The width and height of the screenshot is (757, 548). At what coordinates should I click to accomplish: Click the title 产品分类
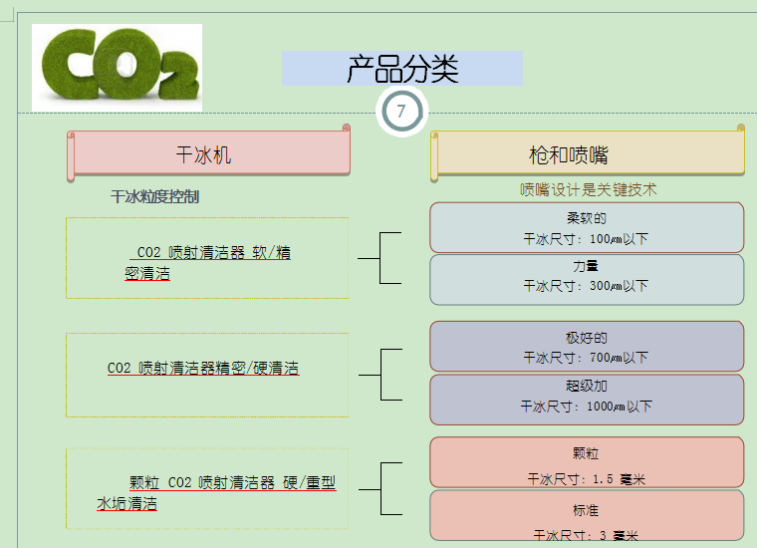point(402,69)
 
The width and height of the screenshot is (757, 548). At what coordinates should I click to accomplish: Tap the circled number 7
point(401,111)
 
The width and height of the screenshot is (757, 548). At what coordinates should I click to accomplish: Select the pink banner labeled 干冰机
point(208,152)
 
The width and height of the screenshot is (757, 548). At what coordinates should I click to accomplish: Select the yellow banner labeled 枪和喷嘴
point(588,153)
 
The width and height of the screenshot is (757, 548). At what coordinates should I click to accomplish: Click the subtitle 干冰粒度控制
point(155,196)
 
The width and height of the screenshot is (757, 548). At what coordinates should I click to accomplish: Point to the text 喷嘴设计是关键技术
point(588,189)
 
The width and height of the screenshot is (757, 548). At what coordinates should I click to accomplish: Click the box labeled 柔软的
point(587,227)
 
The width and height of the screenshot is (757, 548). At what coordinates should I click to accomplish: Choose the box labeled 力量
point(587,280)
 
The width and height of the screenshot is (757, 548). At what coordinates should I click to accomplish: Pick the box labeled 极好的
point(587,346)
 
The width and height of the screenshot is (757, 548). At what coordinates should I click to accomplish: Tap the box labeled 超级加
point(587,400)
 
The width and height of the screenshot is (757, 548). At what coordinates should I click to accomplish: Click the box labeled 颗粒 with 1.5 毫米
point(587,462)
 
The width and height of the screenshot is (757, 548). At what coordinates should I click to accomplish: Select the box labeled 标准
point(587,515)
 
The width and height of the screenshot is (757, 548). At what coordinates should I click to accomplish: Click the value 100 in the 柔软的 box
point(600,239)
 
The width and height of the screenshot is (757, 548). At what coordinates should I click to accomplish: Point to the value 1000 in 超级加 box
point(600,407)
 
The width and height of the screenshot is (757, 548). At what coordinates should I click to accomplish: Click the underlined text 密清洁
point(147,274)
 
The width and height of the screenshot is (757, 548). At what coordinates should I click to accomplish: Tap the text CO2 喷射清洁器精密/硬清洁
point(203,368)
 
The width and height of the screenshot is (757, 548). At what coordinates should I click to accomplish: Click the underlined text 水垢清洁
point(126,503)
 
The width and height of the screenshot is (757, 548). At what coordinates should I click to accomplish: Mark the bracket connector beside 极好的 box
point(380,375)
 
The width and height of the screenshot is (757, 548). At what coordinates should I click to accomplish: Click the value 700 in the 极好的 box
point(600,358)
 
